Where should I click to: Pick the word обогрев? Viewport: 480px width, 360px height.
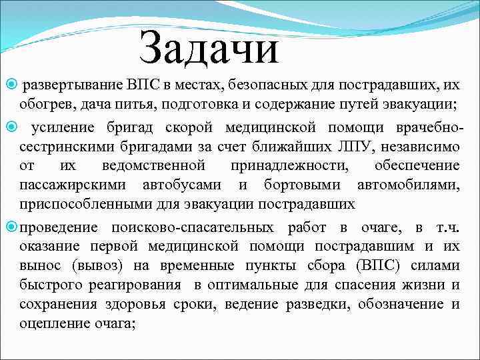tap(45, 105)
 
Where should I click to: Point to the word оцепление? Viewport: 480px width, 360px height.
tap(49, 324)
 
